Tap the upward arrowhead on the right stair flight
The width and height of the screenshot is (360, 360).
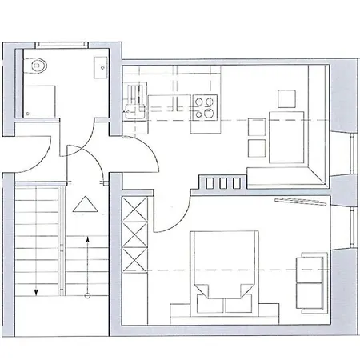point(86,239)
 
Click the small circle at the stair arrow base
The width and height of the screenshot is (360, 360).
point(86,294)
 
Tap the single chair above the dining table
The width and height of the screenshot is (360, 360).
point(286,99)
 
